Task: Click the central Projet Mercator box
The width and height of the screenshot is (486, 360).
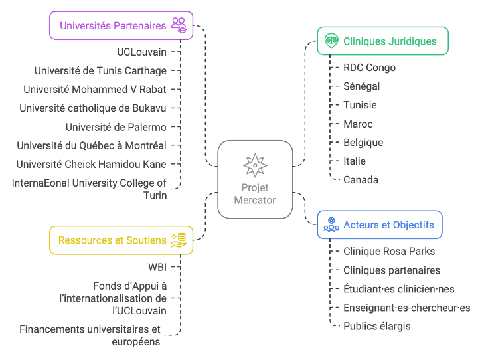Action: (x=255, y=179)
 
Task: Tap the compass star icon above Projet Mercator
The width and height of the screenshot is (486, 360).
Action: (x=255, y=165)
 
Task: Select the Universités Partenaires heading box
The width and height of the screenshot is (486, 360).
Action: (x=121, y=25)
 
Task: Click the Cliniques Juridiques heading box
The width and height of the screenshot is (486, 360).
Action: (x=382, y=41)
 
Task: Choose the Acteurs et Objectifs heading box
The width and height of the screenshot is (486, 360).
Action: (x=379, y=225)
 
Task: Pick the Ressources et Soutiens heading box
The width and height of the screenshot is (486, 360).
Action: (x=121, y=240)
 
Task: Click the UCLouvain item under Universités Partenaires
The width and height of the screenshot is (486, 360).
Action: (x=141, y=52)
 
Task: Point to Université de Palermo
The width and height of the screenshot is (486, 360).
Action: (x=116, y=127)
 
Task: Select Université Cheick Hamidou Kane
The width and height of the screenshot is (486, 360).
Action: (x=92, y=164)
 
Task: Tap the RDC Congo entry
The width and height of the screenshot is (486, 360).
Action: (x=369, y=68)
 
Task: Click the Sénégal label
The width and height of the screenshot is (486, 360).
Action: (x=361, y=86)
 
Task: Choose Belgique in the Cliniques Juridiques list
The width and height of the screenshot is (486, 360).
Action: (x=363, y=142)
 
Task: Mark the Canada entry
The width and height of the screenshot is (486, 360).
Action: (x=361, y=179)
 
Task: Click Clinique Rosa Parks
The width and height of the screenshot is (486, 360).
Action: (x=389, y=252)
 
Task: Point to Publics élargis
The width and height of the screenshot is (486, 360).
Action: (x=376, y=326)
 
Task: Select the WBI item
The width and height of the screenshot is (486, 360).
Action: (x=157, y=268)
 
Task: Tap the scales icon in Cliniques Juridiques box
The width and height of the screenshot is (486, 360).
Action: (x=331, y=41)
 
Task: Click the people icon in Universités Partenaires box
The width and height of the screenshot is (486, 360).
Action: (x=179, y=25)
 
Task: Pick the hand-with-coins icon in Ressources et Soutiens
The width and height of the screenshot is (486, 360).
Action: (x=179, y=240)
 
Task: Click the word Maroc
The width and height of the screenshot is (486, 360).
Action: (x=358, y=124)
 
